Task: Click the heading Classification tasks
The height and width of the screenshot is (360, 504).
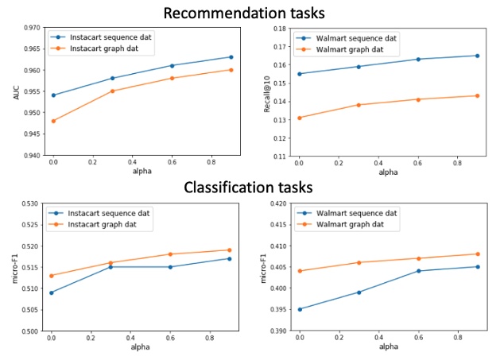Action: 248,188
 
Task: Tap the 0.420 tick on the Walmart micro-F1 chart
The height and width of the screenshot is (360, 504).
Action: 279,203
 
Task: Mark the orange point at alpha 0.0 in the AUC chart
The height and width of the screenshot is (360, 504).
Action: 53,121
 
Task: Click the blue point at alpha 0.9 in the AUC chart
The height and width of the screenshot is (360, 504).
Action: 231,56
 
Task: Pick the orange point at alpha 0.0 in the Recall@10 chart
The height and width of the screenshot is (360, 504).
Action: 300,118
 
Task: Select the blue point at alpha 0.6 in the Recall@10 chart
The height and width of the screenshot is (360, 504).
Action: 418,59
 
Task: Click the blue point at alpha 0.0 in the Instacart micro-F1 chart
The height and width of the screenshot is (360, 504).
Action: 53,292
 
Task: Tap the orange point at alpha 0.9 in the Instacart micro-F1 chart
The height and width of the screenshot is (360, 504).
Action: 231,250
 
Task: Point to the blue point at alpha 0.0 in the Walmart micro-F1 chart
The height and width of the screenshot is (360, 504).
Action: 300,309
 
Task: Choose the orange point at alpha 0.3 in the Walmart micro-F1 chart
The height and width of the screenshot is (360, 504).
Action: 359,262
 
